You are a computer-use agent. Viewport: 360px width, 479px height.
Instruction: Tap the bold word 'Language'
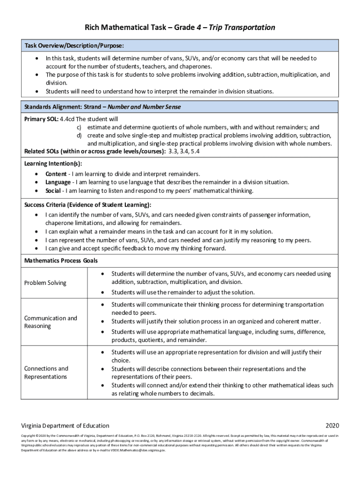point(58,182)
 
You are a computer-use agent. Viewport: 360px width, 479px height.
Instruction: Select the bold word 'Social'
point(53,190)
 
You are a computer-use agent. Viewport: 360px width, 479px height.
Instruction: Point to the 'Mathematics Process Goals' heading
point(61,260)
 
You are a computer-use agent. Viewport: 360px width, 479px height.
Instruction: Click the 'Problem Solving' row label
point(45,283)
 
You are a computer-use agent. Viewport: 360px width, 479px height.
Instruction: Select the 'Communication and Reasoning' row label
point(50,322)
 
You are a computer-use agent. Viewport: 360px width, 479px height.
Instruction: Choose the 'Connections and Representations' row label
point(46,372)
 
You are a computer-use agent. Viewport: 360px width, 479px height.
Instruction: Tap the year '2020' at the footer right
point(332,426)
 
